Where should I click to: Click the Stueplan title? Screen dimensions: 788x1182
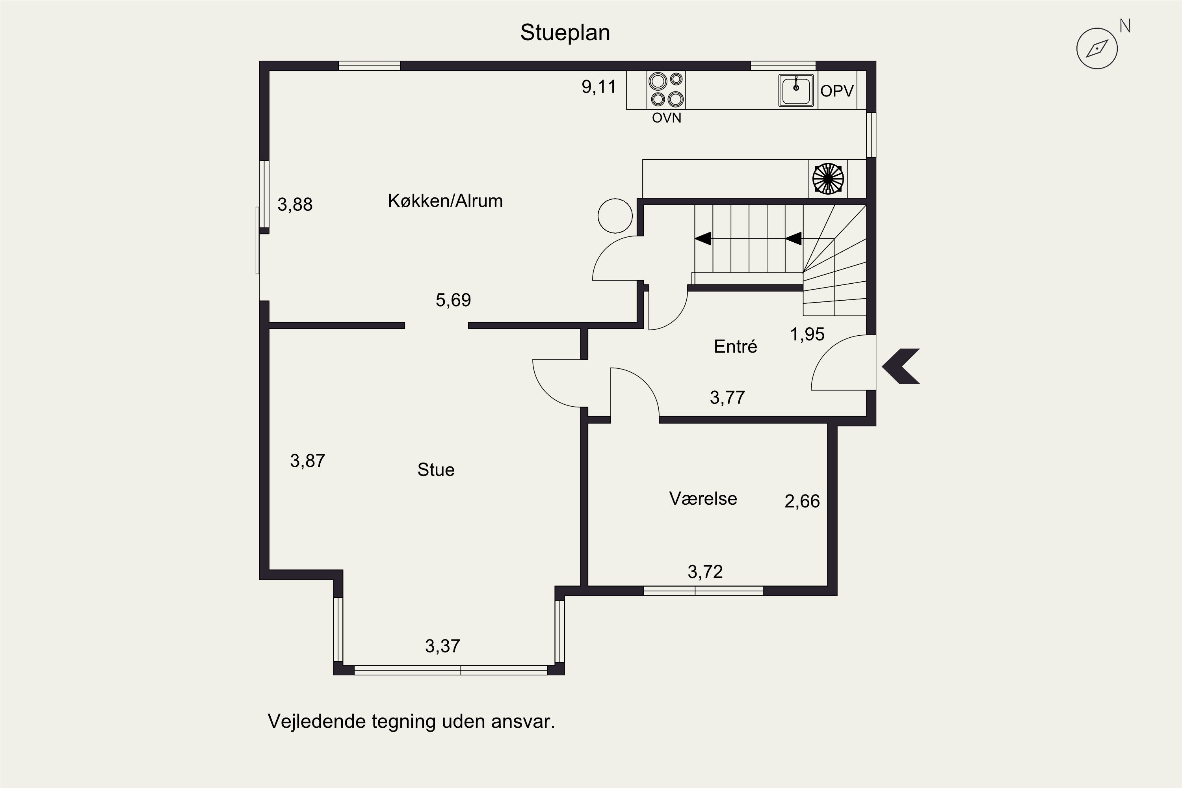[565, 33]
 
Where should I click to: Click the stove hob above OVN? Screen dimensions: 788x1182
[666, 90]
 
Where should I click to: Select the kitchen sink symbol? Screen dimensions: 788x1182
[796, 91]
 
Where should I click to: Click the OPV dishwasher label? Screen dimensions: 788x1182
[837, 91]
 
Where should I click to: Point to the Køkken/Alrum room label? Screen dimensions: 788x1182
[445, 201]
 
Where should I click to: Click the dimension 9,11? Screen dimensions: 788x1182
[598, 87]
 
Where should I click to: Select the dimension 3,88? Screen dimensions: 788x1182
[295, 204]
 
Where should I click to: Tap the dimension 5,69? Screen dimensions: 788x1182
[453, 300]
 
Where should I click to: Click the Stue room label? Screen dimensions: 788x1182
[436, 470]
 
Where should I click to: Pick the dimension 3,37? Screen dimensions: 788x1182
[442, 646]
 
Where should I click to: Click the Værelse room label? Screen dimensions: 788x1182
[703, 498]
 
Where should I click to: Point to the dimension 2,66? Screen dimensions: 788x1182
[802, 501]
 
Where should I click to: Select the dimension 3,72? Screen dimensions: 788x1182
[705, 572]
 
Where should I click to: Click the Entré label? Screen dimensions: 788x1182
[735, 347]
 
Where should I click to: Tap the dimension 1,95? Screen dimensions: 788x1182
[807, 334]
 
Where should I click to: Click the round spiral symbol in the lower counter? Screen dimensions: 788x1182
[828, 178]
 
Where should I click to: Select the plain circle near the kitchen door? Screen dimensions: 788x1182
[615, 216]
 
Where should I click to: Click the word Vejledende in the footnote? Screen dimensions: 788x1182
[317, 722]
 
